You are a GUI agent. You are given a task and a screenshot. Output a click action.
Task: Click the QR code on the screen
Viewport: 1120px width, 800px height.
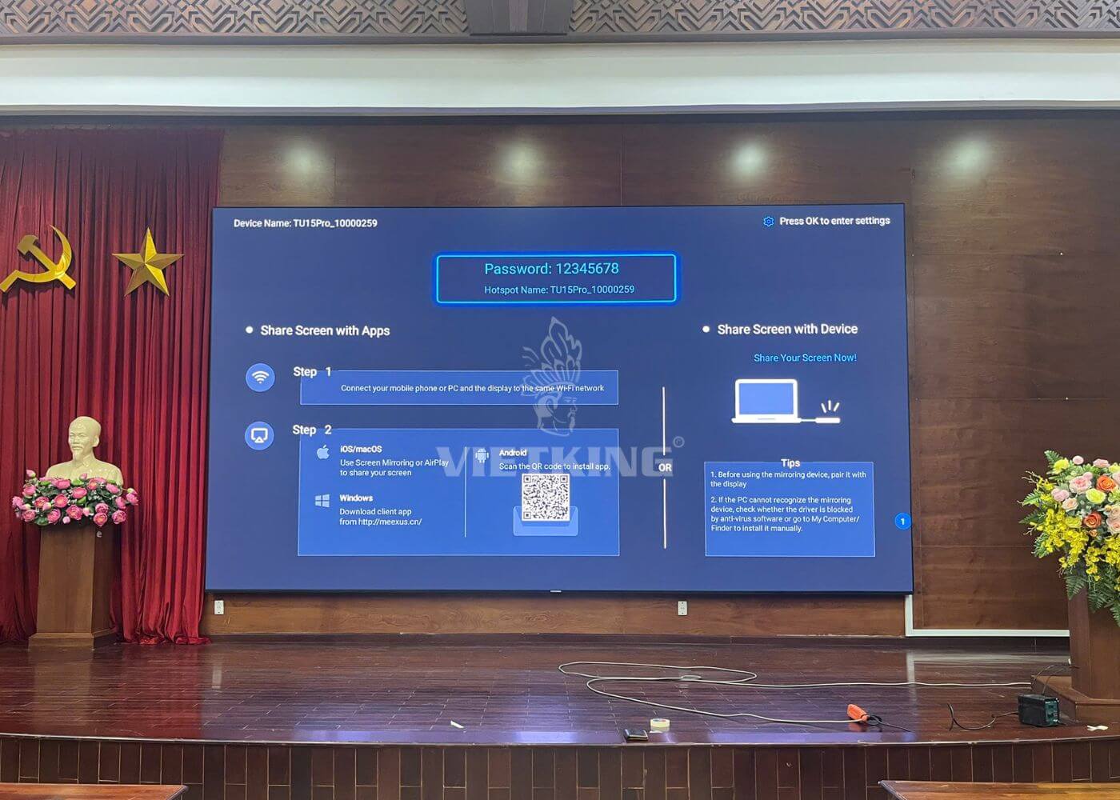tap(546, 498)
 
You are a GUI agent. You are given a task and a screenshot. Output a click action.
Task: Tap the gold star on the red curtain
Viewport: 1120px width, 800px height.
tap(148, 262)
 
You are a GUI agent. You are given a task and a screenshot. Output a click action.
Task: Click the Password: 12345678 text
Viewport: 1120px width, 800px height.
tap(551, 269)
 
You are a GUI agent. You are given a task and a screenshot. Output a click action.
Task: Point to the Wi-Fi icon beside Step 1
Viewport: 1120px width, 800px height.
tap(260, 377)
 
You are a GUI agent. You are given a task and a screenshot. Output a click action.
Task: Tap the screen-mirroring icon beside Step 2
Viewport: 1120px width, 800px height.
tap(259, 435)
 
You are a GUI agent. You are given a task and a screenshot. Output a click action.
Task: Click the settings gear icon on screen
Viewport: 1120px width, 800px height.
tap(768, 222)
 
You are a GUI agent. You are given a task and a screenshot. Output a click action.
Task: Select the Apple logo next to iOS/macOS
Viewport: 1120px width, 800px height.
tap(323, 453)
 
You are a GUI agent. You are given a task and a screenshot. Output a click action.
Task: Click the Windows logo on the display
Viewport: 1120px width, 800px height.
tap(322, 501)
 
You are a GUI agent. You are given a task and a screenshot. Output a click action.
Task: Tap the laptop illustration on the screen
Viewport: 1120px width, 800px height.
tap(767, 401)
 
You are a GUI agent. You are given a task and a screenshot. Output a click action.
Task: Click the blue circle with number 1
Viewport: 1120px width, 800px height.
tap(902, 522)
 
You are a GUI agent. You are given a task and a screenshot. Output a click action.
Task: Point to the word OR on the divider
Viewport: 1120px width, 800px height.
tap(665, 467)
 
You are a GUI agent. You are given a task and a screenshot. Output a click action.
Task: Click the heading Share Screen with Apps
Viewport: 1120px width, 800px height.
tap(325, 330)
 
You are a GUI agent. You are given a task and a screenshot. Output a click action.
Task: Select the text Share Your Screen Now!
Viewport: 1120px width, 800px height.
tap(805, 358)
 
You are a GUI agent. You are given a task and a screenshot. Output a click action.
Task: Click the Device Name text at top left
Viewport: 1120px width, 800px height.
tap(305, 223)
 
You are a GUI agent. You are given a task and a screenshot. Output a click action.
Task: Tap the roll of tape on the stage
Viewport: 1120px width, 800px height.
tap(659, 724)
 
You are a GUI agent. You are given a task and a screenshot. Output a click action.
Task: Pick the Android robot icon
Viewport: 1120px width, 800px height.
tap(482, 456)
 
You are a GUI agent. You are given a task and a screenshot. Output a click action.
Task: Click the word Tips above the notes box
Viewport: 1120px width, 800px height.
tap(790, 462)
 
